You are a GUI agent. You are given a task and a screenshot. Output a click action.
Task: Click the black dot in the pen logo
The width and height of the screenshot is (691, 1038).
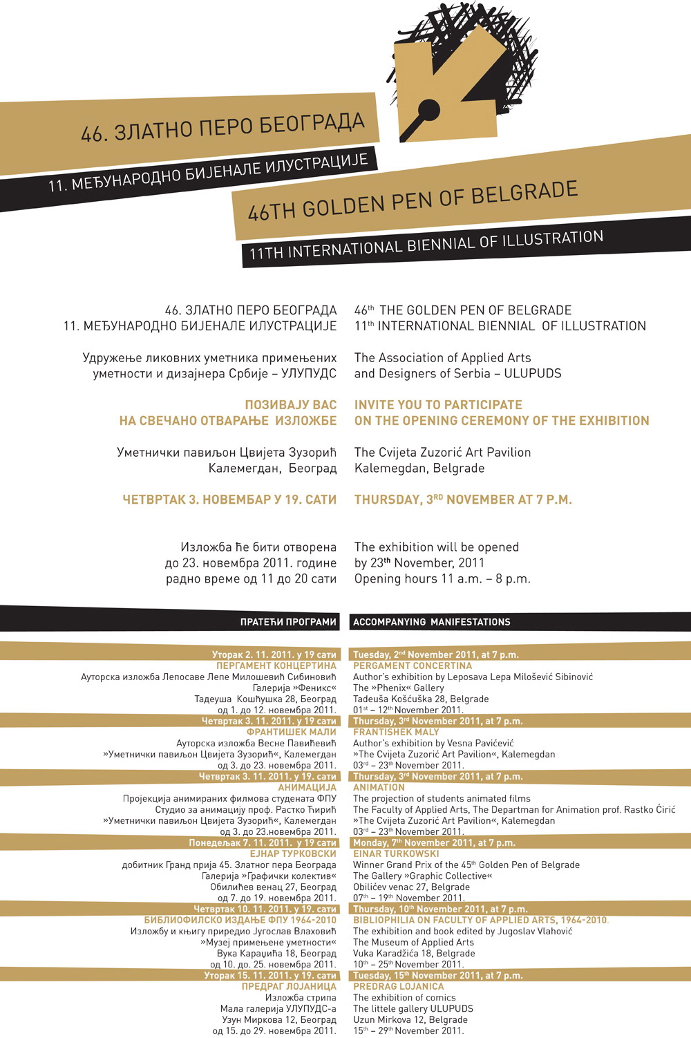click(428, 109)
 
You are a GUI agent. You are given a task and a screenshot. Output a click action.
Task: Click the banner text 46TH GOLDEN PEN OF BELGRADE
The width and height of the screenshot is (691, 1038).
click(413, 200)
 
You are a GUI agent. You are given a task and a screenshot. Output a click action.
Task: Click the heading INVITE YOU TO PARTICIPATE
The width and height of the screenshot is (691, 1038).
click(438, 405)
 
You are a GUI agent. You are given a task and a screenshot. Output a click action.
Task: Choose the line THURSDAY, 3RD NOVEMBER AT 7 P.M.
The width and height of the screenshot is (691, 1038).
click(463, 500)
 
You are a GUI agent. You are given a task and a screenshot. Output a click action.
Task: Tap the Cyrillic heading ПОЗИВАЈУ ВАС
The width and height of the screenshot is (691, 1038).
click(290, 405)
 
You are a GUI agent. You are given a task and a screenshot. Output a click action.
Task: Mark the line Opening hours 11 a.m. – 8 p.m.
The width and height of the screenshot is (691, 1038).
click(442, 579)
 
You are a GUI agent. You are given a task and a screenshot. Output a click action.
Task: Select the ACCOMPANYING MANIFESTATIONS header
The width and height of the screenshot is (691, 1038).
click(431, 622)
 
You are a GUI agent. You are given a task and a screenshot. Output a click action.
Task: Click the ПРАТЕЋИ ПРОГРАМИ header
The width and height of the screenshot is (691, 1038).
click(288, 622)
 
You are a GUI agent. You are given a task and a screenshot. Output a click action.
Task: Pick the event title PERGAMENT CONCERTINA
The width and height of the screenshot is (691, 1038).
click(413, 666)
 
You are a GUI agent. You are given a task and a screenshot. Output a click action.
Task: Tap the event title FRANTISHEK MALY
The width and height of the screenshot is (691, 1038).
click(396, 732)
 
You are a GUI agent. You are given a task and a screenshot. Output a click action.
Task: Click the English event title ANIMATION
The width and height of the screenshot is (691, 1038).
click(379, 787)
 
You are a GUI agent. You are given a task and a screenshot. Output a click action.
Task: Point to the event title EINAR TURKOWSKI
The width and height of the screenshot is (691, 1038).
click(396, 853)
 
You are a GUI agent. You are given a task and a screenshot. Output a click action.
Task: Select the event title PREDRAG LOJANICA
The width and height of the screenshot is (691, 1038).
click(398, 986)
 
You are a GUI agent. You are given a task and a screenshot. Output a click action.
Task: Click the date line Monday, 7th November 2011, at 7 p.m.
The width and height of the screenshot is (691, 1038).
click(434, 842)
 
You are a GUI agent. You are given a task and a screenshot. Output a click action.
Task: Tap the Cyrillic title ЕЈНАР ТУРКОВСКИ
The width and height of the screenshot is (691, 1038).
click(293, 853)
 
